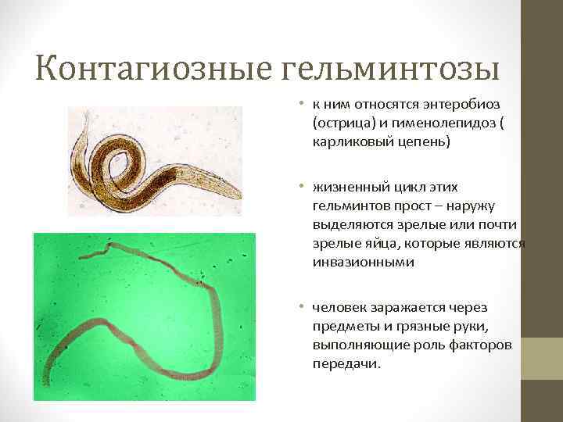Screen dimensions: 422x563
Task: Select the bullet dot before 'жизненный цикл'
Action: click(299, 188)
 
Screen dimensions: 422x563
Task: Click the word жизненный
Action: click(346, 188)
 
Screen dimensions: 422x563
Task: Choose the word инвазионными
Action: click(359, 263)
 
